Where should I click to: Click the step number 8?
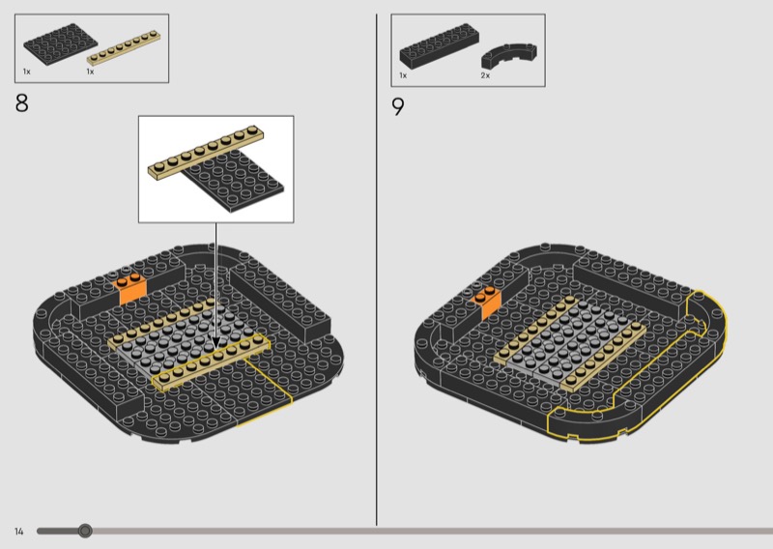coord(21,103)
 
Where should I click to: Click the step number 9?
coord(398,106)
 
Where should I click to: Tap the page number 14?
coord(18,532)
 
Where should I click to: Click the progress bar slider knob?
coord(85,531)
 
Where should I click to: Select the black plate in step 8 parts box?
coord(53,43)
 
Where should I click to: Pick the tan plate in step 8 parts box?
coord(124,48)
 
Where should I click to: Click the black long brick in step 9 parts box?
coord(440,45)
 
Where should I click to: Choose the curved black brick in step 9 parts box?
coord(509,54)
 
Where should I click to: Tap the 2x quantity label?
coord(485,75)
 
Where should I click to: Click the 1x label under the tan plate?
coord(90,72)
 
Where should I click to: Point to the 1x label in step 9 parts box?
coord(403,75)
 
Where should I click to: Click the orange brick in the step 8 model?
coord(130,289)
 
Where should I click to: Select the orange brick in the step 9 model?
coord(487,301)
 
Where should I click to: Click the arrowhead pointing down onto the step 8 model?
coord(215,342)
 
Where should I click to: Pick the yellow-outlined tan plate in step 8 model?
coord(211,361)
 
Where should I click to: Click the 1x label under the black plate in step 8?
coord(27,72)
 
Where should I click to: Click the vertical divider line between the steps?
coord(377,270)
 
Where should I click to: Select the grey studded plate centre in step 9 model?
coord(569,343)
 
